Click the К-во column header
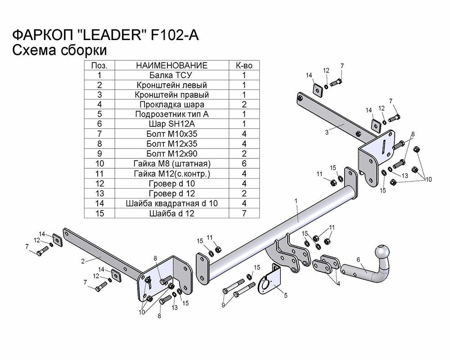point(244,66)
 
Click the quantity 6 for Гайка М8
point(244,163)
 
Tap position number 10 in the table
point(99,163)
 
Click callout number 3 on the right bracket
point(327,132)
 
